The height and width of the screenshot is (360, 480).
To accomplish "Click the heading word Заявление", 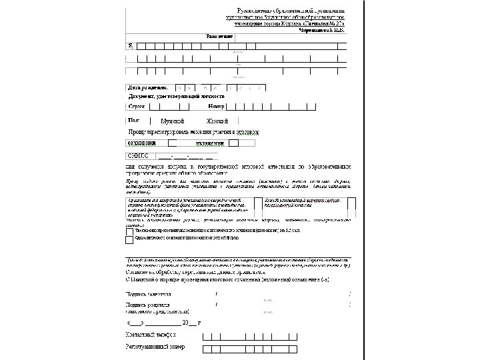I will (238, 35).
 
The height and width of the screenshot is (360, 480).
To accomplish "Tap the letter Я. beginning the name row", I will (130, 45).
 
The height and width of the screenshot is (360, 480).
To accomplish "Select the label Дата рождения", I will (147, 87).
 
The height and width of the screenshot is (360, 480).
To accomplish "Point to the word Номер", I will (216, 105).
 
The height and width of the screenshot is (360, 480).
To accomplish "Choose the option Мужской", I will (173, 121).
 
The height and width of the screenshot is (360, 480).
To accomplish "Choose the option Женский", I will (217, 121).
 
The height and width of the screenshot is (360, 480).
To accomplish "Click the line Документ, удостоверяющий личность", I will (177, 96).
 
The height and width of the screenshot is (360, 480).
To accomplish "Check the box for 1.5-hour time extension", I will (129, 229).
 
